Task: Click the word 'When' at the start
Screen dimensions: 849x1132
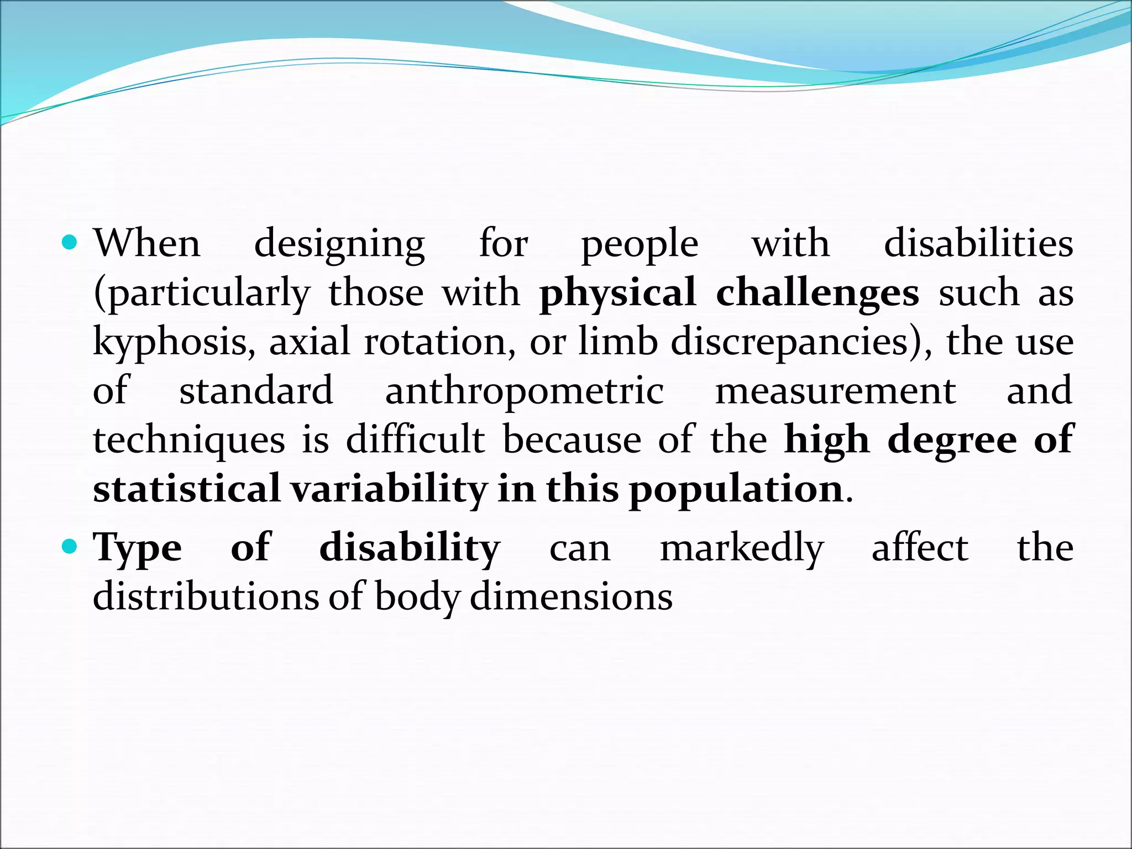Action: click(147, 243)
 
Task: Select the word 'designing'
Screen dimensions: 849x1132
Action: click(339, 244)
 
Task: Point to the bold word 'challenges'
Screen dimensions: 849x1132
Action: click(817, 293)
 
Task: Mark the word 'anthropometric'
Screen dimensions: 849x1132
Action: click(524, 391)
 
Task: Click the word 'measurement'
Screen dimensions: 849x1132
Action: click(835, 391)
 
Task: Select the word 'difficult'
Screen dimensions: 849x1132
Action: click(415, 439)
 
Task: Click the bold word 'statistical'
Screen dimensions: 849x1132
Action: click(187, 489)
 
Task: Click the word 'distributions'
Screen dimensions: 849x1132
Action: click(206, 597)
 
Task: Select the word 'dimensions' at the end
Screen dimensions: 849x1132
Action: click(571, 597)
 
